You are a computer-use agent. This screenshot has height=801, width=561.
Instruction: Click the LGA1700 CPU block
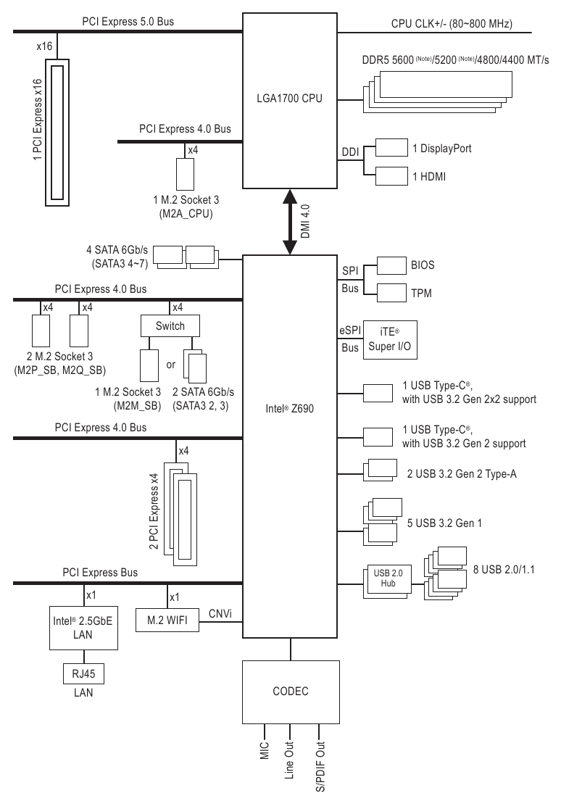(290, 98)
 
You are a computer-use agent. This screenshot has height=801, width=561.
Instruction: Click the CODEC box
(290, 691)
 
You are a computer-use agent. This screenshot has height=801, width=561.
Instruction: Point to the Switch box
(170, 325)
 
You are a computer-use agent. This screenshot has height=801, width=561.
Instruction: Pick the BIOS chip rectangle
(392, 265)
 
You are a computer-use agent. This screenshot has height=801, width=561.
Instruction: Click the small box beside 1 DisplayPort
(392, 148)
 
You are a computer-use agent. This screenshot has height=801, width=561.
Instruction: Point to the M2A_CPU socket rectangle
(186, 173)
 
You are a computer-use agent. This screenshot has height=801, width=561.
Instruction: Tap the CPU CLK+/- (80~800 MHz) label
(451, 23)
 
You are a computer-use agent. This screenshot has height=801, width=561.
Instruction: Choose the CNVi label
(221, 614)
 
